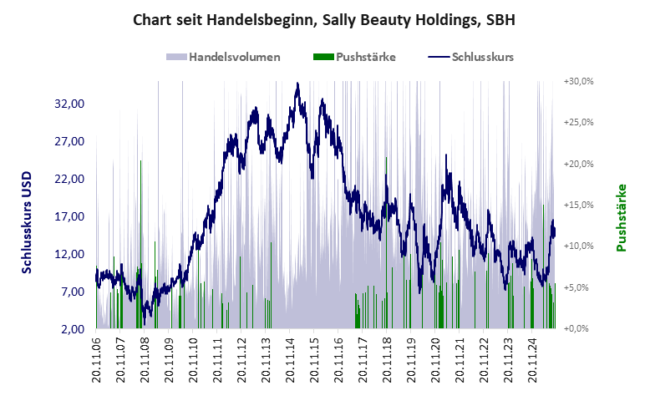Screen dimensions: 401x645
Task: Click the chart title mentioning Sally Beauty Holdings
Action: (322, 19)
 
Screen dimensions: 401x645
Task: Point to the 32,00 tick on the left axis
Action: (69, 104)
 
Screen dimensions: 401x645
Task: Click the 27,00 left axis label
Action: (69, 141)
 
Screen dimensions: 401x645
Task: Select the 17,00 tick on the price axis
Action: (69, 216)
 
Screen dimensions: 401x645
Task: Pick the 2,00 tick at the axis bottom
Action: (73, 328)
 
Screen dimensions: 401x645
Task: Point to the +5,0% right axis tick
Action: (579, 287)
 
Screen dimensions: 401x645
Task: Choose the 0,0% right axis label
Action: (579, 328)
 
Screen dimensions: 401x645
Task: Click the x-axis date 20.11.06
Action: (97, 362)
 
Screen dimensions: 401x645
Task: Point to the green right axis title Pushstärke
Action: (622, 217)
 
